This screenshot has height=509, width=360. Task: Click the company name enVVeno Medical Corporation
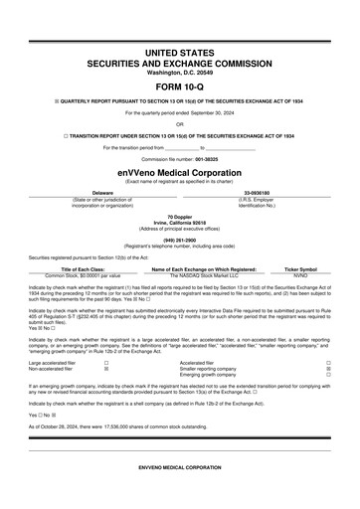pos(179,171)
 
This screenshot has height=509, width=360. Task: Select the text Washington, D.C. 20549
pos(179,72)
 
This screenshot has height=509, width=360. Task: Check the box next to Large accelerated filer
pos(106,363)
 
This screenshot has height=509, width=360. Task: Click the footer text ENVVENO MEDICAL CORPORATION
pos(179,465)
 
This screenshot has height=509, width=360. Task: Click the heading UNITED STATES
pos(179,49)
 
